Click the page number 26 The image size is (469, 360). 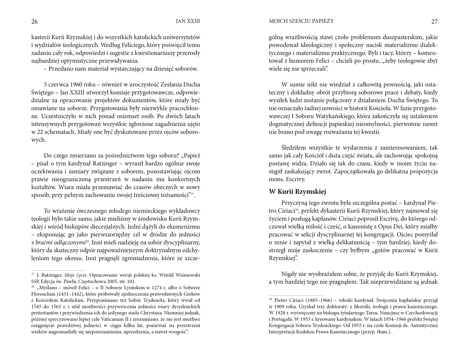tap(34, 22)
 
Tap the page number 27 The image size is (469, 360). tap(434, 22)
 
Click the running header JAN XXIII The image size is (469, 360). tap(188, 21)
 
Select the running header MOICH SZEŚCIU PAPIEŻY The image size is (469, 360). tap(301, 21)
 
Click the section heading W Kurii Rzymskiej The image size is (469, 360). tap(297, 192)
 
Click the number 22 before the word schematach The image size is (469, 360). tap(41, 132)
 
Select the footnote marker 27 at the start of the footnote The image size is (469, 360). tap(33, 274)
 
